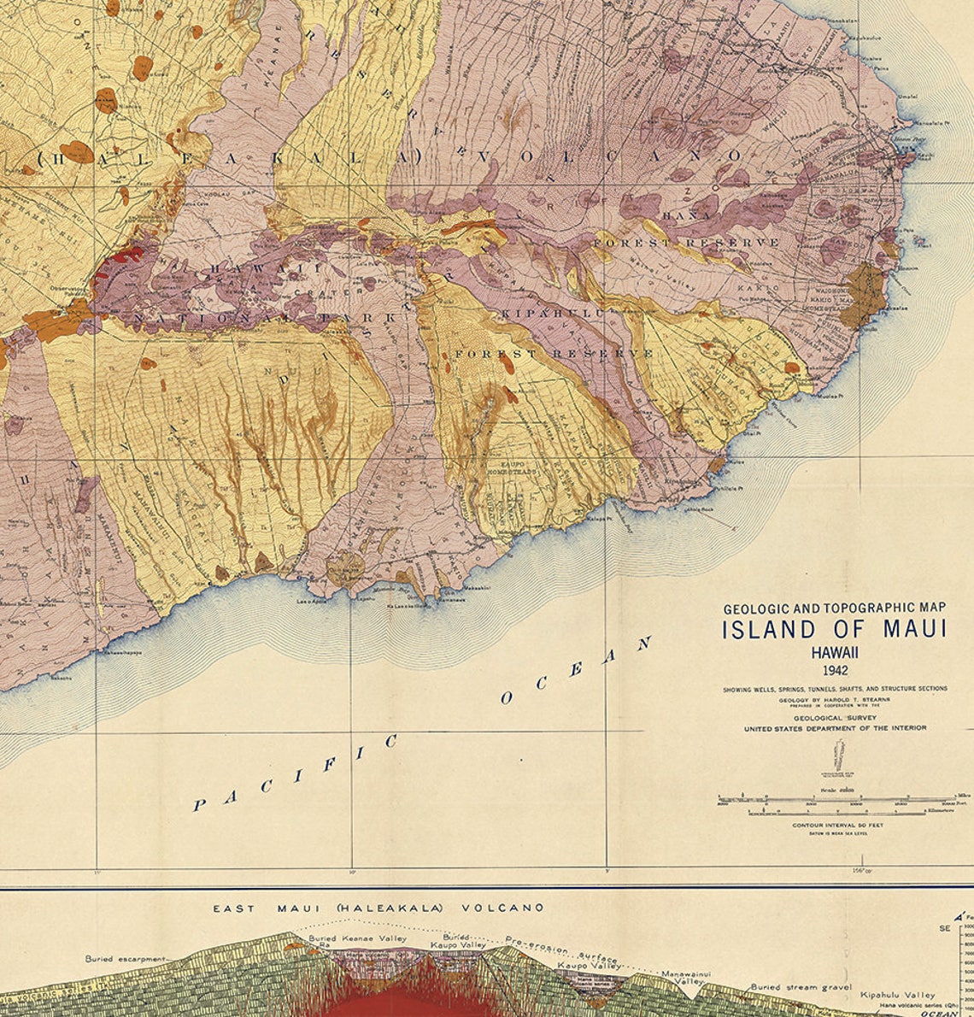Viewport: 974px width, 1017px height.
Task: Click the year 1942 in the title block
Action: [835, 670]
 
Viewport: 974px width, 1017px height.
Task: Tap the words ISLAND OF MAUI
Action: [835, 630]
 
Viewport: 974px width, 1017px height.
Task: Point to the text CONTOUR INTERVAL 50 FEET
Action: [837, 825]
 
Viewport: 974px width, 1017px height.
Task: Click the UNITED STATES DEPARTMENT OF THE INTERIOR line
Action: [835, 728]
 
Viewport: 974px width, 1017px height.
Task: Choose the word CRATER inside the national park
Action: [316, 293]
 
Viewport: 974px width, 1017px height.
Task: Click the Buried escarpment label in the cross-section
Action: [124, 959]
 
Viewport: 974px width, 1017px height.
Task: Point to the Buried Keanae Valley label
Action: [357, 938]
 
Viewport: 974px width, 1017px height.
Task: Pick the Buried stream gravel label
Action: [801, 987]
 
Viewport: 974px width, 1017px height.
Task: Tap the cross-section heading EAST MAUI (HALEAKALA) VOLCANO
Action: [378, 908]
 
